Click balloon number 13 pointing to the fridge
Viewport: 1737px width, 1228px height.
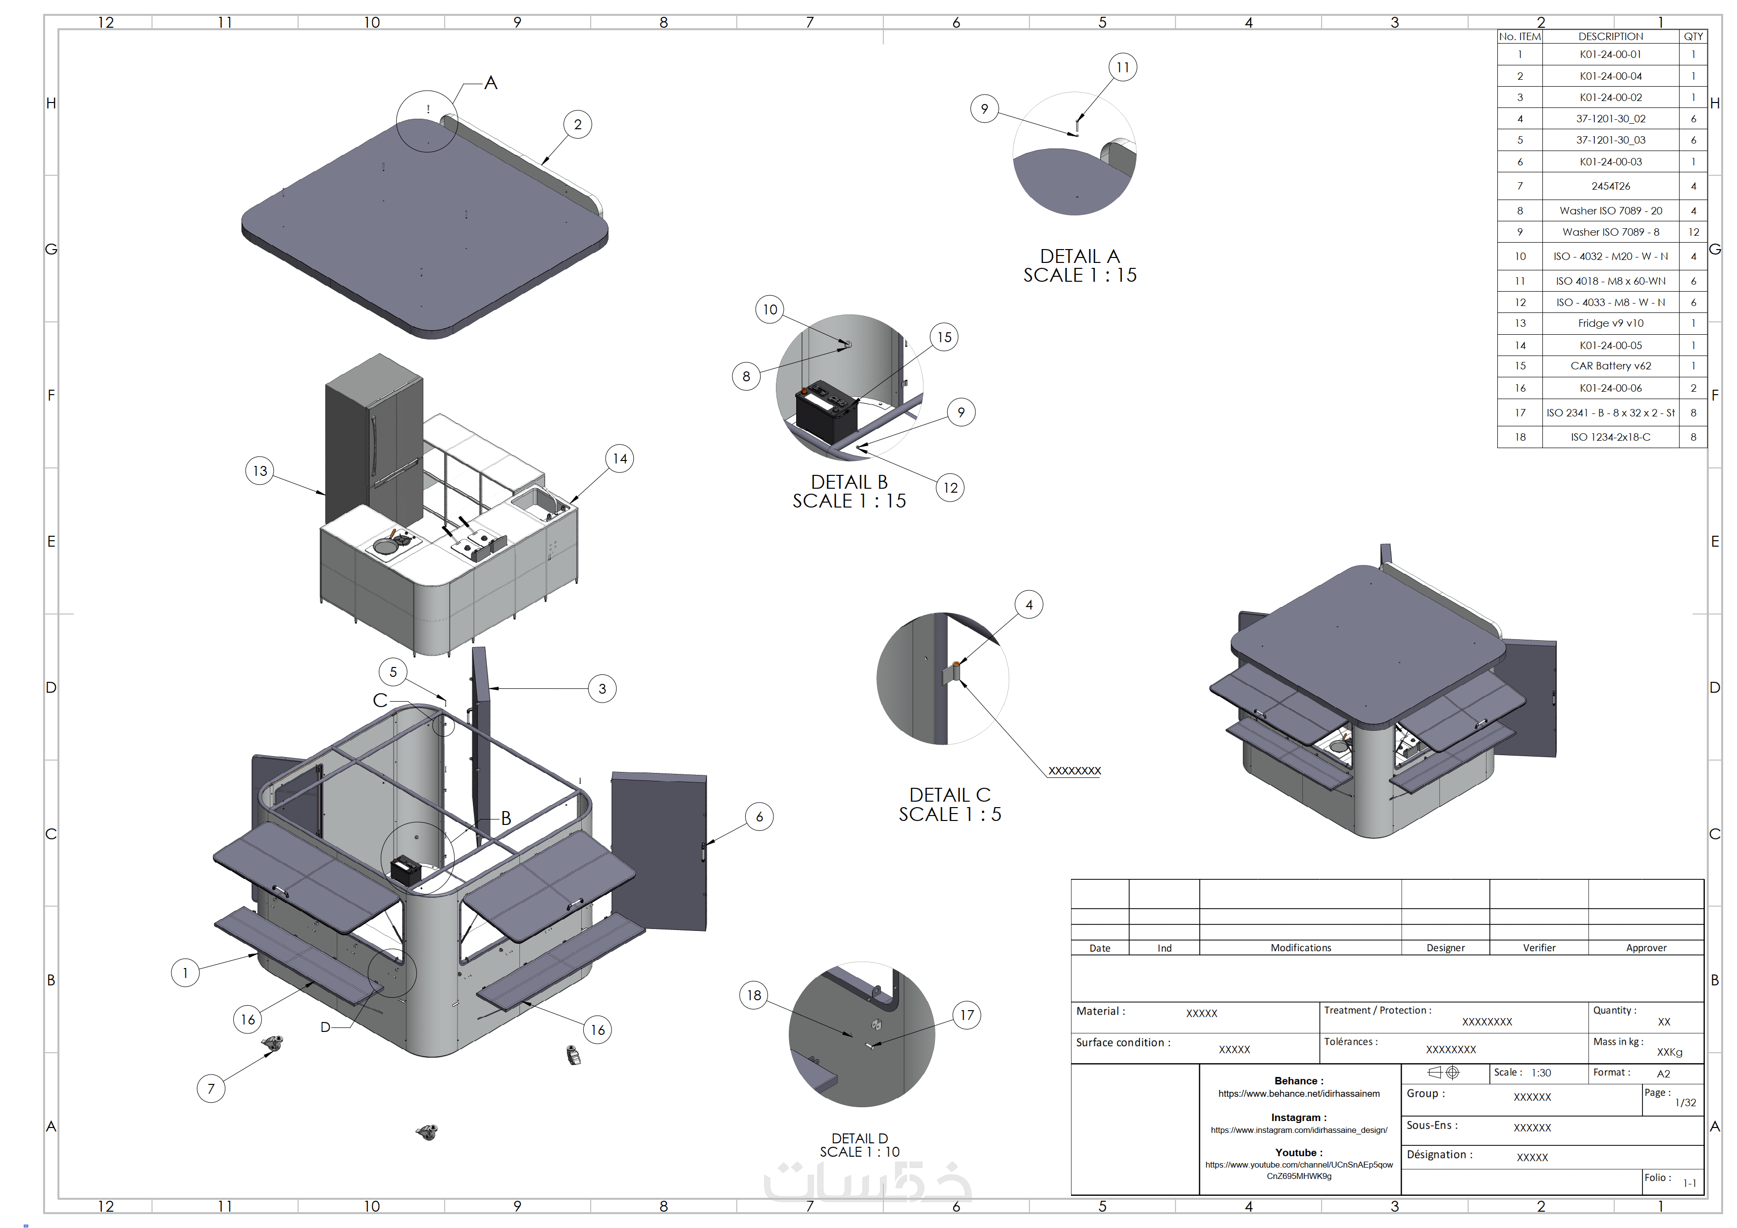[x=259, y=470]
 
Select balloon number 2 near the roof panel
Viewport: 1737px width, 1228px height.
[x=577, y=125]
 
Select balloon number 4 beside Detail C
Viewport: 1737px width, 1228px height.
[x=1028, y=605]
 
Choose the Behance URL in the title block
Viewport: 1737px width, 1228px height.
[x=1298, y=1093]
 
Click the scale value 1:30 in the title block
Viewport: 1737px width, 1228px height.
[x=1541, y=1073]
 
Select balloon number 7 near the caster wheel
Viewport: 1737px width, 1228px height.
[x=211, y=1089]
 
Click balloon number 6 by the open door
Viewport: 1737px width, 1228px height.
[x=759, y=817]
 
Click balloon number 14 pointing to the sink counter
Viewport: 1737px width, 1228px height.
[x=619, y=459]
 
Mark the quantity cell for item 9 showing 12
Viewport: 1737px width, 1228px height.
[x=1693, y=232]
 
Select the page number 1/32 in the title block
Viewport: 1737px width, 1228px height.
[x=1686, y=1102]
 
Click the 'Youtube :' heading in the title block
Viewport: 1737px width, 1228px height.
[x=1298, y=1152]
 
